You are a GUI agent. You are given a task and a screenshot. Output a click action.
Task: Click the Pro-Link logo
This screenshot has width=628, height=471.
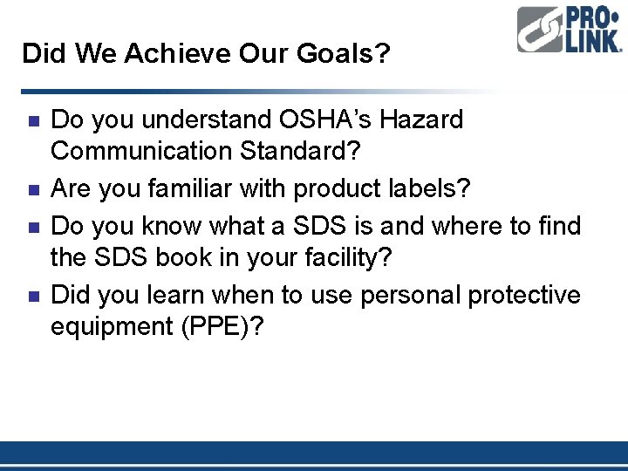[569, 31]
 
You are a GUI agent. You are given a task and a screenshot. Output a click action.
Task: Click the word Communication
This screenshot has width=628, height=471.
[140, 151]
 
